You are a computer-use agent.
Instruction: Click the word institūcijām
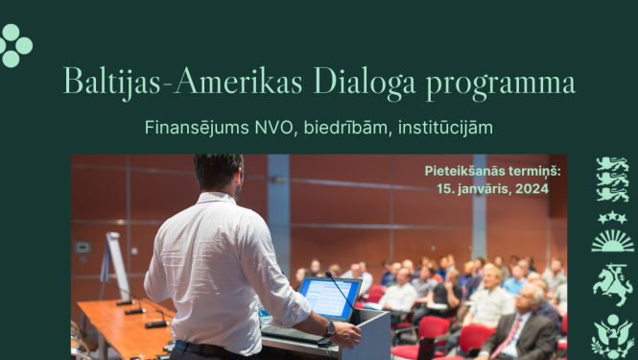451,126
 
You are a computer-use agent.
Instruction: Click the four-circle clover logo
15,45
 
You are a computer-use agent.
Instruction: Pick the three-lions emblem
611,179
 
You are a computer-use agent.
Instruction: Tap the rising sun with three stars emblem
611,231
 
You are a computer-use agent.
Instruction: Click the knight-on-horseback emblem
611,283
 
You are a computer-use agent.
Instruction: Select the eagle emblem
611,335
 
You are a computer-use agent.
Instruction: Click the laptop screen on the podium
330,299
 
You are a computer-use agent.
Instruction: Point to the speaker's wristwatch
330,327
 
